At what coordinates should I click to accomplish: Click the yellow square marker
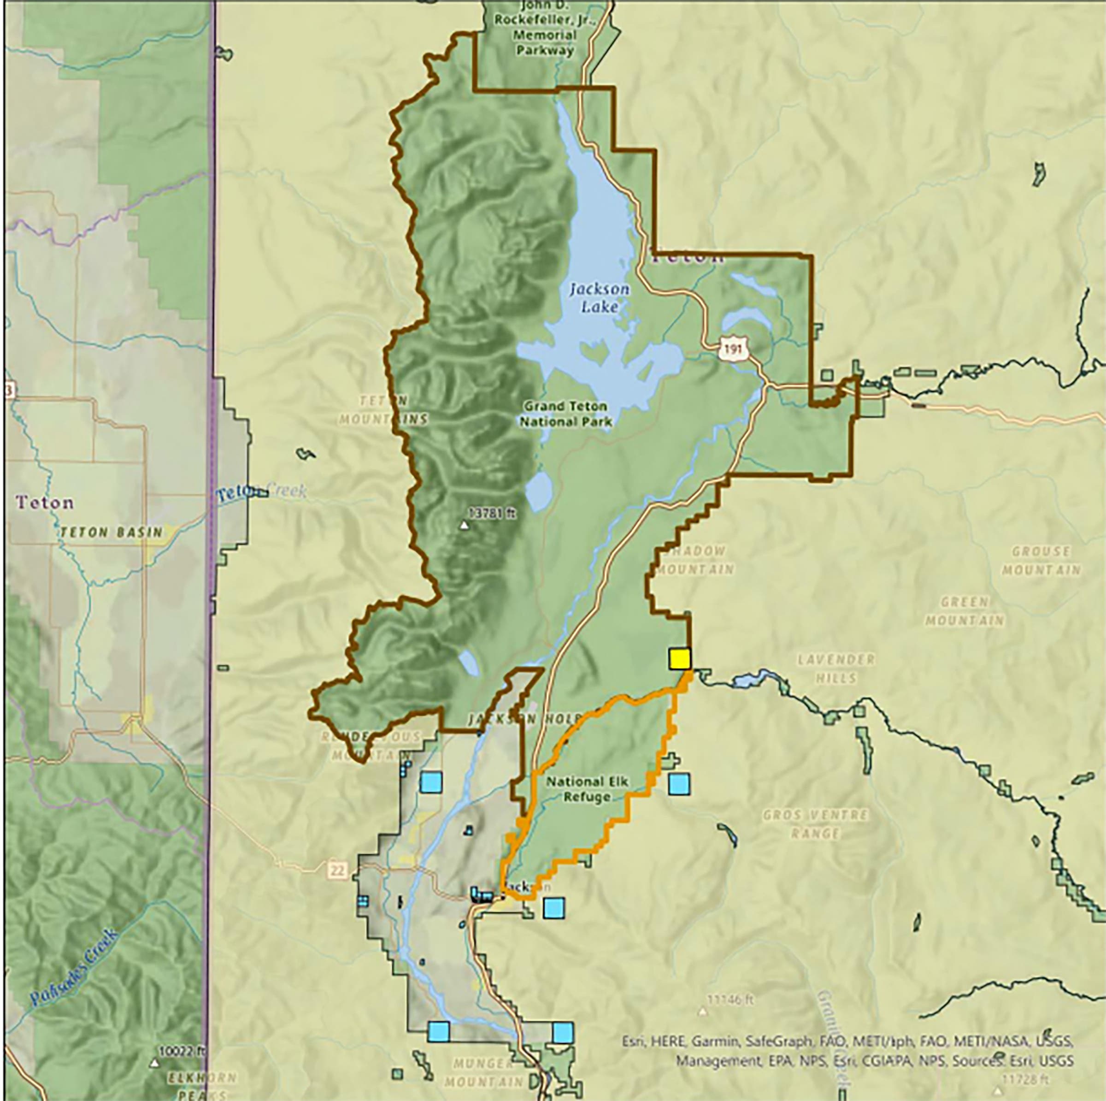680,658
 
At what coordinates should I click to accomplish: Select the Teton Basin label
111,532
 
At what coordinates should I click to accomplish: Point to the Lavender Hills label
836,669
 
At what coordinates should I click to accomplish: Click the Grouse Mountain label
1040,560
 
